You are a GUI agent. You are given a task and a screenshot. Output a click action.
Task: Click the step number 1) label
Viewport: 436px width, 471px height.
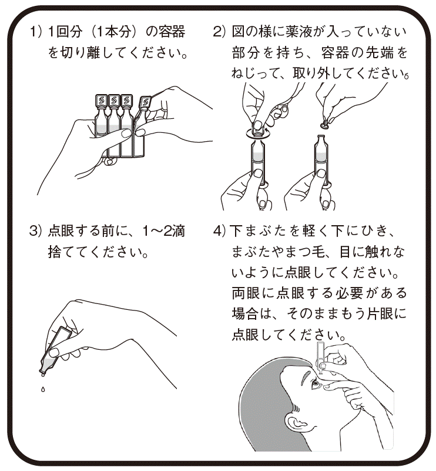click(x=35, y=32)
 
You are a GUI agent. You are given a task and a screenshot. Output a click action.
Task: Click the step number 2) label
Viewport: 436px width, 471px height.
click(x=219, y=32)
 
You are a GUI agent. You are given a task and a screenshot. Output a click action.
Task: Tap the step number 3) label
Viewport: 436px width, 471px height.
click(x=35, y=231)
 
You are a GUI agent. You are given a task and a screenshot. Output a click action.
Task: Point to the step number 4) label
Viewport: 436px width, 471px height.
click(x=219, y=231)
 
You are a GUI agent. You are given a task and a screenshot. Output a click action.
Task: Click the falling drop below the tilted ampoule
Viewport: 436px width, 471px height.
click(x=43, y=390)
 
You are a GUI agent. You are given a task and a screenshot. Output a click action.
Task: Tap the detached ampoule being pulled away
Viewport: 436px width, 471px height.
click(x=142, y=126)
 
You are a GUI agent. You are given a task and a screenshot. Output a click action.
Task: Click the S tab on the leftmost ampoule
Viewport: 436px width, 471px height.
click(x=101, y=101)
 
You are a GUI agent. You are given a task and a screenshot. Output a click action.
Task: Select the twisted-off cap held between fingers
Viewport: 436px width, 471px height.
click(x=324, y=122)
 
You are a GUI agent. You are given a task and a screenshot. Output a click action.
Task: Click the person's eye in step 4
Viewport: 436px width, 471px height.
click(x=316, y=383)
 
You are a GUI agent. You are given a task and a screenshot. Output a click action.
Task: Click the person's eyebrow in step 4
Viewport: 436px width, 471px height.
click(x=307, y=373)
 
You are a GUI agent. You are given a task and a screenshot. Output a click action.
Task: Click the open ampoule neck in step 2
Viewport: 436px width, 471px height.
click(x=321, y=139)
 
